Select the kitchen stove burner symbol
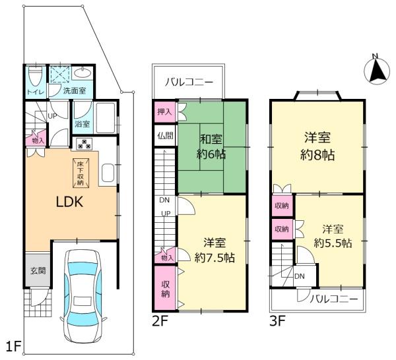(x=85, y=143)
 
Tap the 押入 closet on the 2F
(x=163, y=112)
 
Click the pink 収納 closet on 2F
(x=166, y=287)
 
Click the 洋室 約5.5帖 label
(x=332, y=236)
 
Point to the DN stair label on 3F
(x=299, y=276)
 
